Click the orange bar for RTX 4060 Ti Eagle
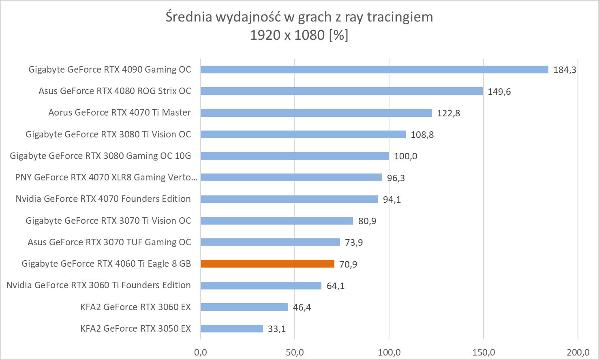pos(267,264)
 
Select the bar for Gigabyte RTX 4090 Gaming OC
pos(374,70)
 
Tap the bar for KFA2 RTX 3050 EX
pos(232,329)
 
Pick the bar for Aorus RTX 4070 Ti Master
pos(316,113)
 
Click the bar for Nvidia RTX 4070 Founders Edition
pos(289,199)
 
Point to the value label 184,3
pos(565,70)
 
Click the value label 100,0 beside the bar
pos(405,156)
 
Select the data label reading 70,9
pos(348,264)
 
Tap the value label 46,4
pos(302,307)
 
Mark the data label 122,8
pos(448,113)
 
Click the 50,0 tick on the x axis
pos(295,352)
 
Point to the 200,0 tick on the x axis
pos(578,352)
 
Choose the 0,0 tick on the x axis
pos(201,352)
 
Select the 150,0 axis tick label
pos(483,352)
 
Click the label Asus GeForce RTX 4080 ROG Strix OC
pos(115,91)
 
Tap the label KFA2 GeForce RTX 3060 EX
pos(135,307)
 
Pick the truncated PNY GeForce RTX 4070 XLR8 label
pos(106,177)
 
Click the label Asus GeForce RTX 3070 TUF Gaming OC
pos(109,242)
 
